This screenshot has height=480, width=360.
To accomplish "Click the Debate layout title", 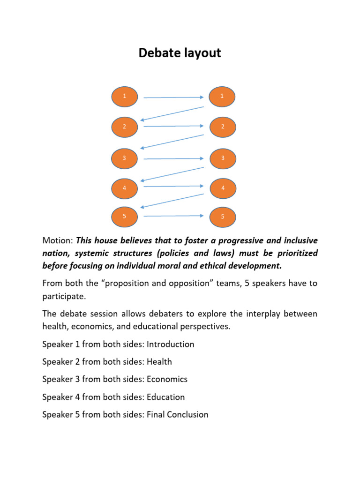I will pos(180,53).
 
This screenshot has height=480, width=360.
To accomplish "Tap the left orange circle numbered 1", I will pos(125,97).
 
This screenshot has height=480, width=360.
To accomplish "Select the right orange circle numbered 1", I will pos(222,97).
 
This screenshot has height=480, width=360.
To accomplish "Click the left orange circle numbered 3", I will pos(125,158).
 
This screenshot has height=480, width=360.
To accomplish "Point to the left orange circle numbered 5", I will pos(125,216).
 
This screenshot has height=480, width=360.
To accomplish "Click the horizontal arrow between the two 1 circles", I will pos(173,97).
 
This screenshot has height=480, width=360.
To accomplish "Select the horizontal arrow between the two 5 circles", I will pos(173,216).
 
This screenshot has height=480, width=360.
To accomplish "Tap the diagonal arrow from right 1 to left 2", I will pos(172,114).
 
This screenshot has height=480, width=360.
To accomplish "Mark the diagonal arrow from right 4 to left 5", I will pos(172,201).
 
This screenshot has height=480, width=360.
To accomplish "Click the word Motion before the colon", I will pos(57,241).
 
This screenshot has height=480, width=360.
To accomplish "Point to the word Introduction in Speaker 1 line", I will pos(170,345).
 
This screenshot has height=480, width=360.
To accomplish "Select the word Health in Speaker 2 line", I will pos(159,362).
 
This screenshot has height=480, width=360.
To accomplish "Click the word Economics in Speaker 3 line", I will pos(167,379).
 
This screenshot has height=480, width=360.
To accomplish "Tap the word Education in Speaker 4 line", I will pos(165,397).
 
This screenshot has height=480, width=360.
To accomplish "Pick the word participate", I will pos(63,297).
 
